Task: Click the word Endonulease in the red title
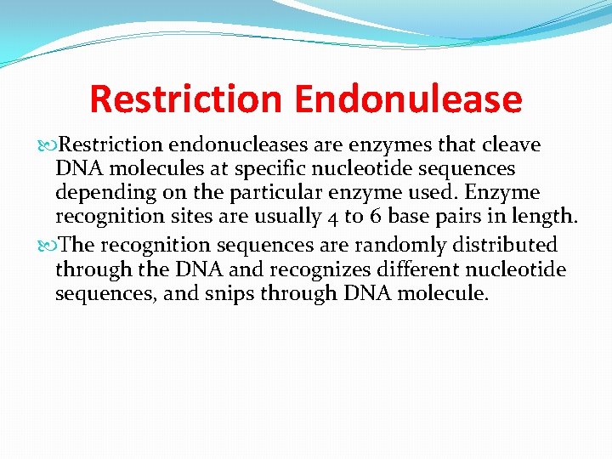click(x=408, y=99)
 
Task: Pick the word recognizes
click(x=311, y=269)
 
